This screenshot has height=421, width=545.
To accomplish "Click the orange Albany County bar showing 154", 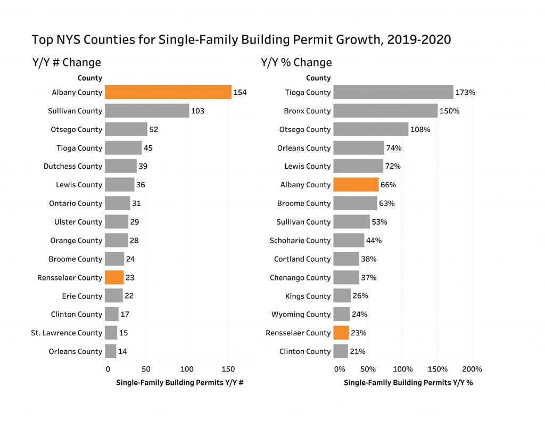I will (168, 92).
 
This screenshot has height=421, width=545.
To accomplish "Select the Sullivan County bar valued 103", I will (147, 111).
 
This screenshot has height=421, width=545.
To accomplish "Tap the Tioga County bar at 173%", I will (393, 92).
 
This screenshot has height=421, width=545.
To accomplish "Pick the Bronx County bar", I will (385, 111).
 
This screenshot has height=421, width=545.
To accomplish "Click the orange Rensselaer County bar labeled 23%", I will (341, 333).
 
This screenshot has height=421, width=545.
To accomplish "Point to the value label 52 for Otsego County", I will (154, 129).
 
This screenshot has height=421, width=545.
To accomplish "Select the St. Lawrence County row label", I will (67, 333).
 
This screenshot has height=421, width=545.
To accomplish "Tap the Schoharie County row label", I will (300, 241).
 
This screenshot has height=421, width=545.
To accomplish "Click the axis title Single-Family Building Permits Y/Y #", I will (180, 383).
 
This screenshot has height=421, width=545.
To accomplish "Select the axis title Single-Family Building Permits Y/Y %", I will (408, 383).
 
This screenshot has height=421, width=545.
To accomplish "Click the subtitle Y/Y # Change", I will (67, 62).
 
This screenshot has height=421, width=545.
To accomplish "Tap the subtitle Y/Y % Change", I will (296, 62).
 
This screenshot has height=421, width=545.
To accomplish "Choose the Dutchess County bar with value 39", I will (120, 167).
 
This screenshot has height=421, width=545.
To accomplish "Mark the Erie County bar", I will (114, 296).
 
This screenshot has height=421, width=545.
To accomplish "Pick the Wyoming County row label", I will (301, 315).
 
